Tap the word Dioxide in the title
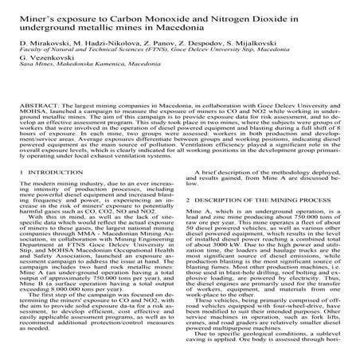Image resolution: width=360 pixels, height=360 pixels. pos(311,14)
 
